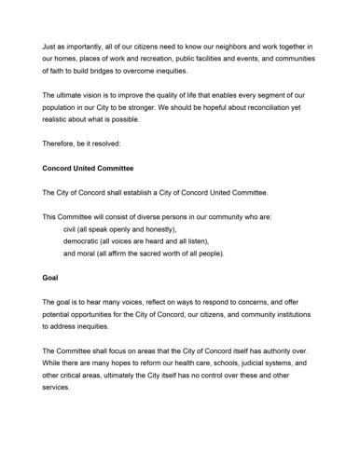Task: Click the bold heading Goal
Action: click(x=51, y=278)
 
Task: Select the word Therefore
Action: click(x=62, y=144)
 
